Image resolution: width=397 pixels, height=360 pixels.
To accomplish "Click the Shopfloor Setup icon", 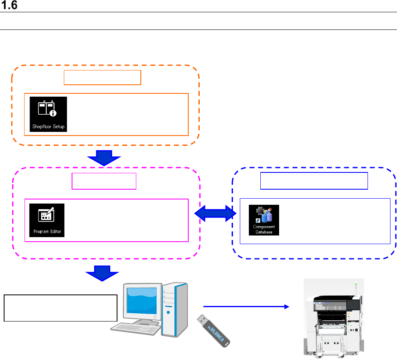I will (48, 114).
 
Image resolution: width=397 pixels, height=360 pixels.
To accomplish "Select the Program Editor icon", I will (47, 220).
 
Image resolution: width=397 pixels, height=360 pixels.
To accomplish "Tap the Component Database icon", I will (264, 220).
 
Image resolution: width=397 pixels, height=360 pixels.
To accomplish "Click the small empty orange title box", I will (102, 77).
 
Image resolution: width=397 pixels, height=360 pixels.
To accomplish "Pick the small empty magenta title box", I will (104, 181).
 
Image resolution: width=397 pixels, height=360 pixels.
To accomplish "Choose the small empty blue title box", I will (314, 181).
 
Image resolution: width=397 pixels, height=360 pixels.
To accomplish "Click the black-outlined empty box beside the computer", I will (61, 307).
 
